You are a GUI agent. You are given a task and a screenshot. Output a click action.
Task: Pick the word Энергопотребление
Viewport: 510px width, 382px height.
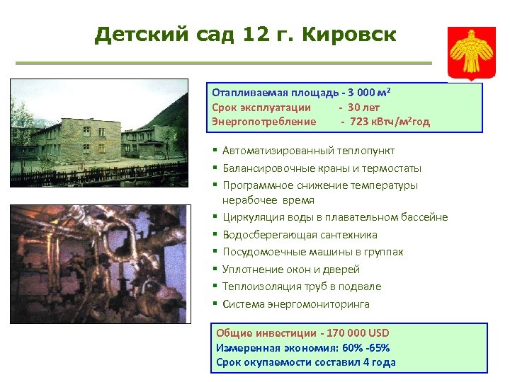[x=263, y=122]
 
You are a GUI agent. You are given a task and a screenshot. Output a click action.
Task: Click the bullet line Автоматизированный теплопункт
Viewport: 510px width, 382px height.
[x=308, y=151]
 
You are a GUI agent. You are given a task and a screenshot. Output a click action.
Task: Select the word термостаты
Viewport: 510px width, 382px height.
[x=392, y=168]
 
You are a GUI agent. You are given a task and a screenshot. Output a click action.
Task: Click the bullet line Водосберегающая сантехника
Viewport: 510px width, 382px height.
[x=300, y=235]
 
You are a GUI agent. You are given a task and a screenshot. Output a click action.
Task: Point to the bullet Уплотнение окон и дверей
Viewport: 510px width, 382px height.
[x=290, y=270]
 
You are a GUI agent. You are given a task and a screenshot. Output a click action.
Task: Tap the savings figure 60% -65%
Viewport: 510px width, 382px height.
[x=365, y=348]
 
